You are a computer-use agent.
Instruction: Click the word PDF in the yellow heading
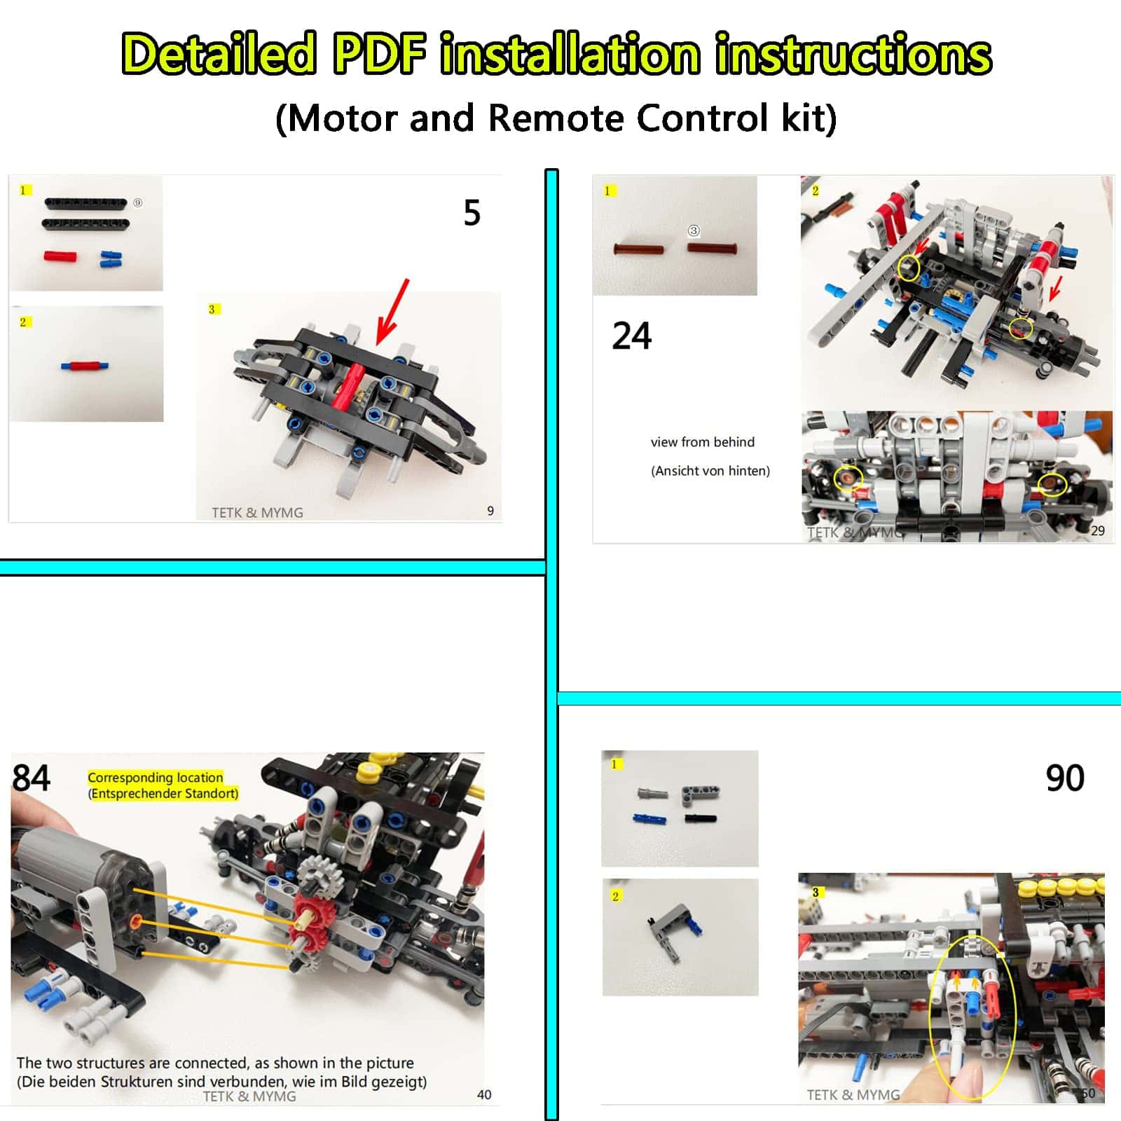[379, 54]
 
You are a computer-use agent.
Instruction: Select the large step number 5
[472, 212]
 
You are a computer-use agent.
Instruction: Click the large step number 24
[632, 336]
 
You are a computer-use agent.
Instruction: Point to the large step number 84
[32, 778]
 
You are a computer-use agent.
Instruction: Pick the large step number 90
[1065, 778]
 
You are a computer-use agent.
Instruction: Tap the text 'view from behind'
[703, 442]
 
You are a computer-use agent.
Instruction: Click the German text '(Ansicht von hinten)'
[710, 471]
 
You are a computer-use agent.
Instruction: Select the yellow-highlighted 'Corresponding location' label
[156, 777]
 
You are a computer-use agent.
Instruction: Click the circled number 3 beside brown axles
[694, 231]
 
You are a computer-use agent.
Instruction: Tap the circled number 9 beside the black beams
[138, 202]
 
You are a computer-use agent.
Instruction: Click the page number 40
[484, 1094]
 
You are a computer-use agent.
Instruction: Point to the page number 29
[1098, 530]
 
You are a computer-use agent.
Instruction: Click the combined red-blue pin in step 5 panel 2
[85, 365]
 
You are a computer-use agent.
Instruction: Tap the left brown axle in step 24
[639, 249]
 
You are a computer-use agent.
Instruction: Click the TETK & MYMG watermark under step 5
[257, 512]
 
